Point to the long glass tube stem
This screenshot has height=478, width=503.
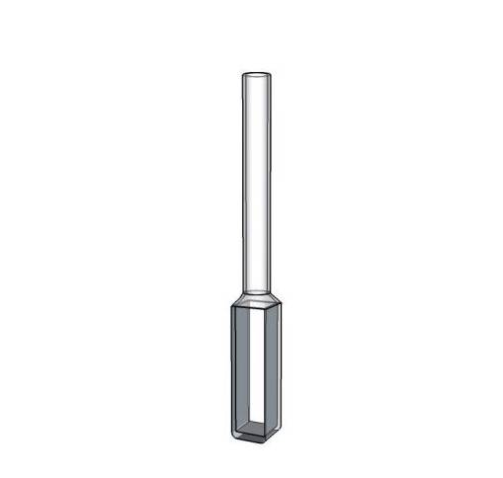[256, 178]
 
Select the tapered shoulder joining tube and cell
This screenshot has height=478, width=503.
[256, 295]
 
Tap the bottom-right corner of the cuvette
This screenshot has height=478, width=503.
[284, 436]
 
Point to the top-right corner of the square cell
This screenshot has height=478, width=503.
[285, 305]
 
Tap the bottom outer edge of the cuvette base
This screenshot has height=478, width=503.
[258, 440]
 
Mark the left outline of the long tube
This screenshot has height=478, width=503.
[243, 178]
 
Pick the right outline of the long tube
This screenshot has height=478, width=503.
[269, 178]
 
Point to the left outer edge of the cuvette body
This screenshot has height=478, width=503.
[230, 370]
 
